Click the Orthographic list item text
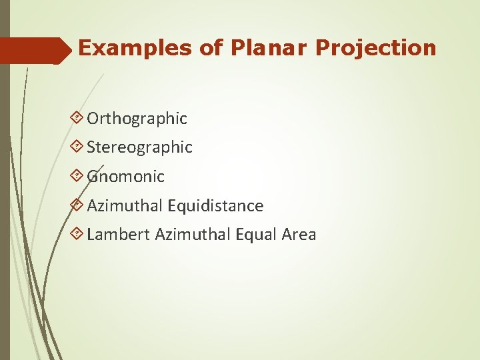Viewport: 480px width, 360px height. (x=137, y=119)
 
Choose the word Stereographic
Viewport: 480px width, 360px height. (x=139, y=147)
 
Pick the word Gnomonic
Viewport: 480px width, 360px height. (x=125, y=177)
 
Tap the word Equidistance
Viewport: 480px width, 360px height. (x=215, y=206)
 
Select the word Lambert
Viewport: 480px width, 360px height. (x=118, y=235)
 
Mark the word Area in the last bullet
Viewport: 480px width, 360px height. (x=299, y=235)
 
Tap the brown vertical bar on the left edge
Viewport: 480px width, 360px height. (x=5, y=200)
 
